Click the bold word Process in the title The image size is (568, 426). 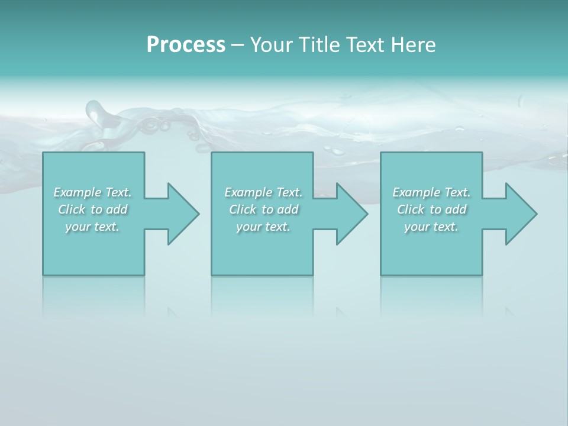[x=186, y=45]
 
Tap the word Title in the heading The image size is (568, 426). [x=318, y=45]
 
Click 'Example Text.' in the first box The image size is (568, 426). [x=92, y=192]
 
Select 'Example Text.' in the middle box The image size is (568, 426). [x=263, y=192]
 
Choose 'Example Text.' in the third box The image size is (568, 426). [x=431, y=192]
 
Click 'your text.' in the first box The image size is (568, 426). [x=92, y=227]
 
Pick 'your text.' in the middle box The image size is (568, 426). [x=263, y=227]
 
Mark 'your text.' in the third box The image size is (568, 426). [x=431, y=227]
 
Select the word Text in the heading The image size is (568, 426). [x=364, y=45]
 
